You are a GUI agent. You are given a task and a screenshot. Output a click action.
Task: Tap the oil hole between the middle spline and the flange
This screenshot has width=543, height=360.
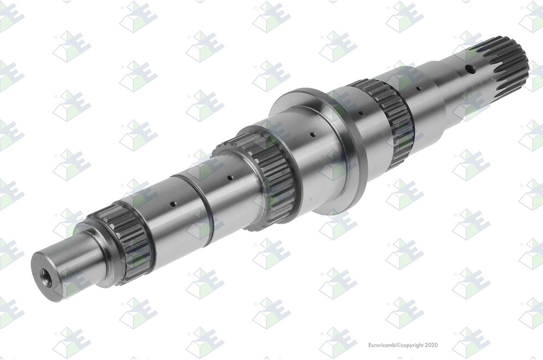(313, 134)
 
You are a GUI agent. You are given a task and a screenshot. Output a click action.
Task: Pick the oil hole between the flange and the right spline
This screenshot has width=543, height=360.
(361, 113)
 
